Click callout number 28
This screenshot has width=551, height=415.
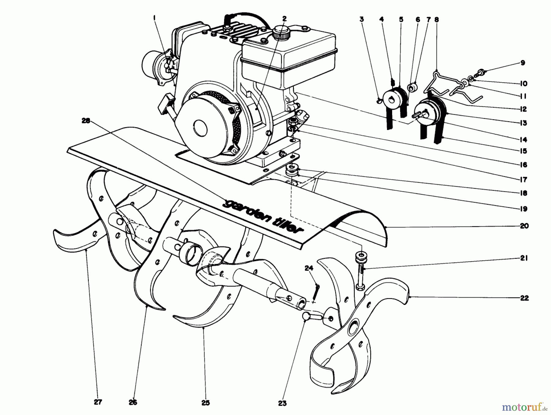86,121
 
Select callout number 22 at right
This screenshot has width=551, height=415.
524,298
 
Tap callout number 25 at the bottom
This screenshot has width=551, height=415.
206,403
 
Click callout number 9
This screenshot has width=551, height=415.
523,63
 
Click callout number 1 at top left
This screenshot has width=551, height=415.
155,19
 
